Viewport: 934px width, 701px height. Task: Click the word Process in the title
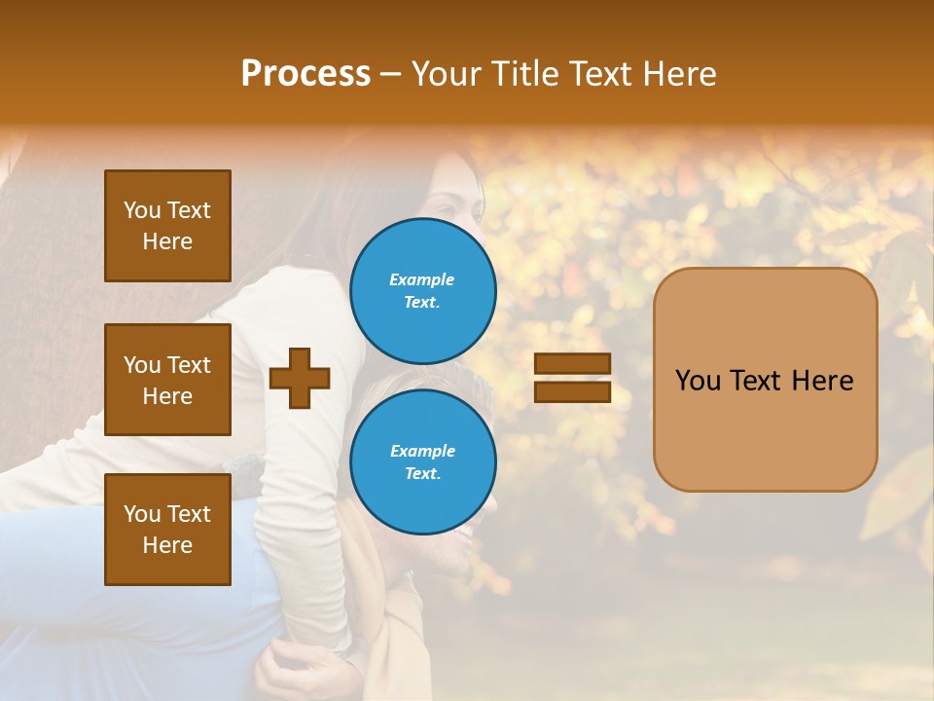(305, 74)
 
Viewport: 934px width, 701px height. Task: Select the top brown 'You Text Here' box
(167, 226)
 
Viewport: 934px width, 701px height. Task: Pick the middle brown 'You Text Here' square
(167, 380)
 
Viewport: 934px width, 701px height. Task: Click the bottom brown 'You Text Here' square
(167, 529)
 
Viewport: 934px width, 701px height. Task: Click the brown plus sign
(300, 378)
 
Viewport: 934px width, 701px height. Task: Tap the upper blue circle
(423, 290)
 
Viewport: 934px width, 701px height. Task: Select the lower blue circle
(423, 461)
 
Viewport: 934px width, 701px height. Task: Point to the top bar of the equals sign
(573, 363)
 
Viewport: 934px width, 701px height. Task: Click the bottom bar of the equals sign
(573, 391)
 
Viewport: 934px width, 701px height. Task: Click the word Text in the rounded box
(763, 381)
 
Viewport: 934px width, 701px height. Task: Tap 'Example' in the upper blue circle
(422, 279)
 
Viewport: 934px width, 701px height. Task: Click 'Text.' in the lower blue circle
(422, 474)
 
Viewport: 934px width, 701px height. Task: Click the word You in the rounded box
(700, 381)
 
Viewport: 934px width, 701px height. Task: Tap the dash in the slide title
(391, 74)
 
